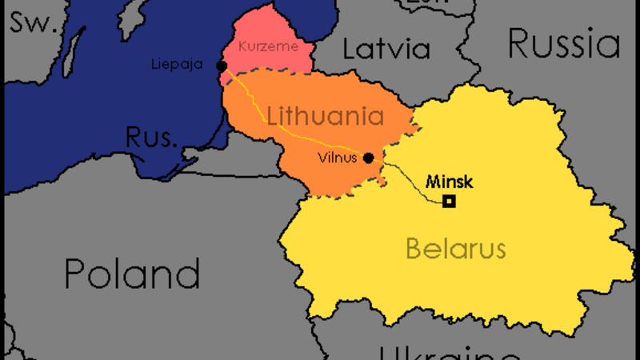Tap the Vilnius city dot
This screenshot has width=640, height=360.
pyautogui.click(x=368, y=158)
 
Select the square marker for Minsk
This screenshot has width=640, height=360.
pyautogui.click(x=450, y=202)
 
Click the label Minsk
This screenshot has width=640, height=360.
pyautogui.click(x=449, y=181)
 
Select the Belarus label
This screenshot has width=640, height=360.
pyautogui.click(x=455, y=248)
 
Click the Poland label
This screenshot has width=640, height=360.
pyautogui.click(x=132, y=274)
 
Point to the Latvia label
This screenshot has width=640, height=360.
pyautogui.click(x=386, y=49)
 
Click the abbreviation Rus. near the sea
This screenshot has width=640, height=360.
pyautogui.click(x=150, y=137)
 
